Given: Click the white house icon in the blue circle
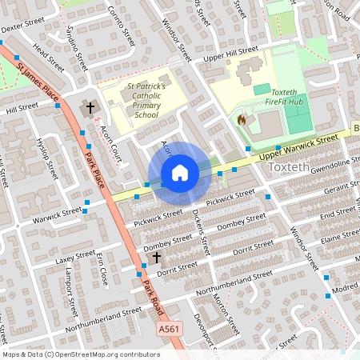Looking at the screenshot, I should click(180, 173).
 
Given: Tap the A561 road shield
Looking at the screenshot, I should click(168, 329).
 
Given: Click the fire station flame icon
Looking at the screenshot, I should click(242, 120).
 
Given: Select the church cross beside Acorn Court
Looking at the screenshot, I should click(90, 106).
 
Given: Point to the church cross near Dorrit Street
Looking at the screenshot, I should click(157, 258).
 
